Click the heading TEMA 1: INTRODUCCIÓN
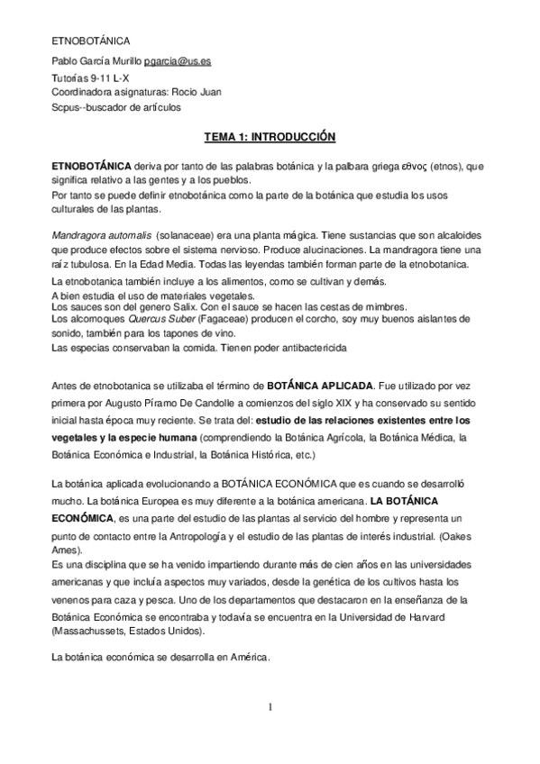coord(270,137)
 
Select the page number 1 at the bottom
coord(270,707)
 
